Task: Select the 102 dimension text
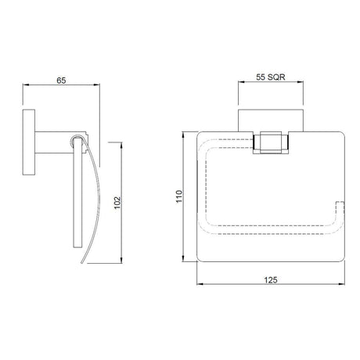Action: coord(115,202)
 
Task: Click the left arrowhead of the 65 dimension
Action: coord(23,88)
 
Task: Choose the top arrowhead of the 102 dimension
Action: coord(124,143)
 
